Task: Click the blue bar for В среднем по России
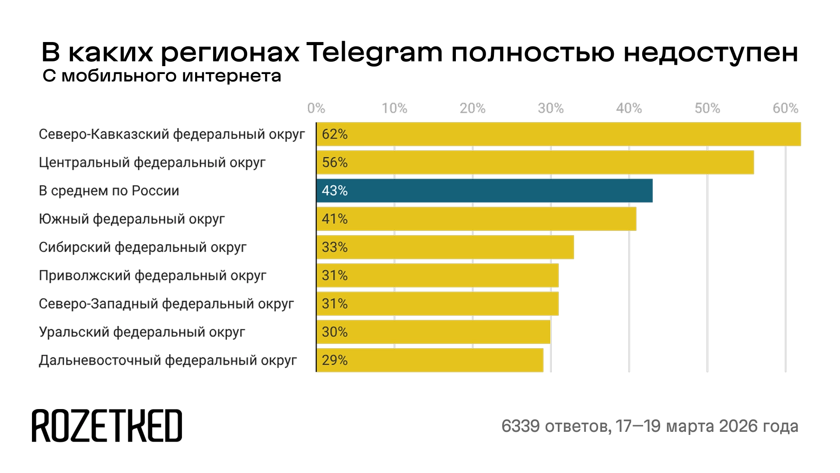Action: [x=484, y=191]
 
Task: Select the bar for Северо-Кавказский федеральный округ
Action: [x=558, y=134]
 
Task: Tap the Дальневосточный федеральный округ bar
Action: [x=430, y=360]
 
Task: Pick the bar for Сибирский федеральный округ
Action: [x=445, y=247]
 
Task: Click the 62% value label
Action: [x=335, y=134]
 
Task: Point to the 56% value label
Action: [x=335, y=162]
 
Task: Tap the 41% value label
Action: [x=335, y=219]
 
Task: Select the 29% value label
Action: [x=335, y=360]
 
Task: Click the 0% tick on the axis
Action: [x=316, y=108]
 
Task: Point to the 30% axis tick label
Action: [x=551, y=108]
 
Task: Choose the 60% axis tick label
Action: [x=785, y=108]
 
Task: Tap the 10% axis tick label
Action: [x=395, y=108]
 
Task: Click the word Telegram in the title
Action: [x=374, y=53]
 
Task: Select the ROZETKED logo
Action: [x=107, y=426]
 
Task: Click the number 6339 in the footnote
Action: [x=521, y=426]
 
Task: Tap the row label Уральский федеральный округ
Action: [x=142, y=332]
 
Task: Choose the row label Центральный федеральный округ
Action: [x=152, y=162]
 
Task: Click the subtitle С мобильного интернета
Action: [x=162, y=76]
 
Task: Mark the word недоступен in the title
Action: [x=711, y=53]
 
